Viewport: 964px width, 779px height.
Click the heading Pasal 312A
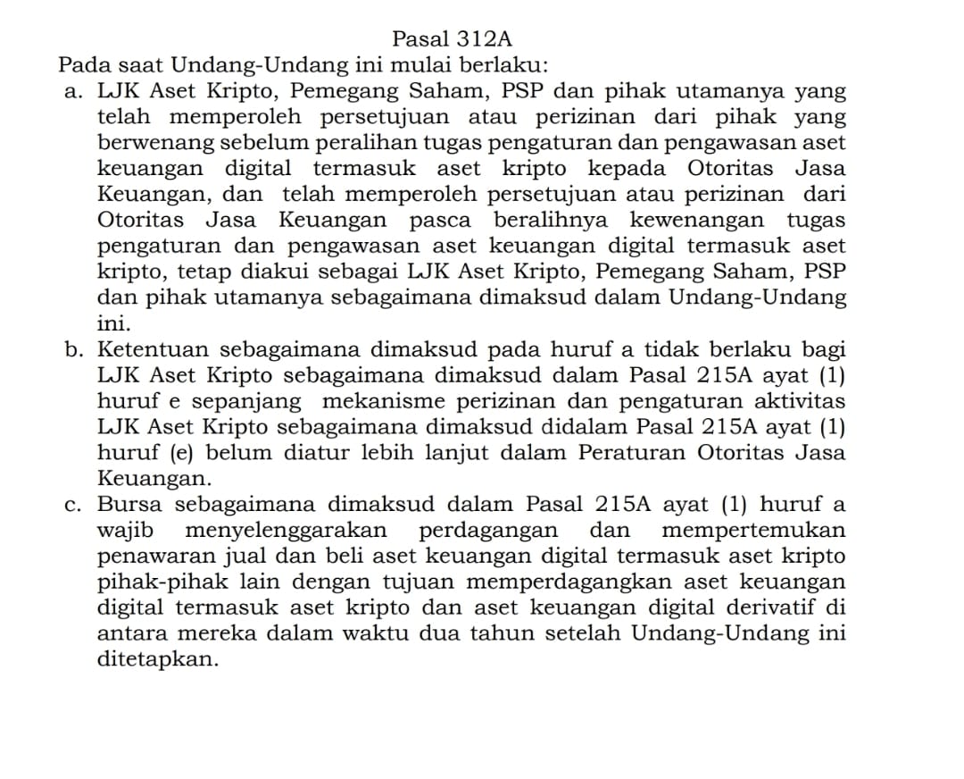click(452, 39)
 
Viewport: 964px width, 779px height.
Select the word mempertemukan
click(754, 531)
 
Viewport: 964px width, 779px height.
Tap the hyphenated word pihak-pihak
click(155, 582)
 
